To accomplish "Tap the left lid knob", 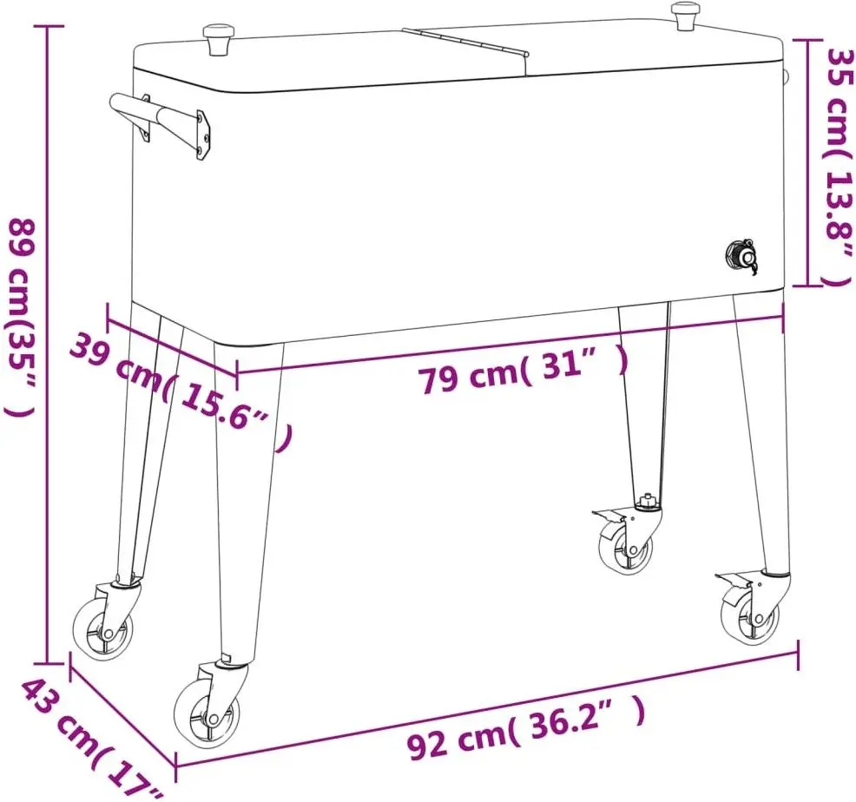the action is tap(218, 39).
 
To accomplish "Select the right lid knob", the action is tap(686, 16).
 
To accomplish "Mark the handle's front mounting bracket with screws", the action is tap(202, 135).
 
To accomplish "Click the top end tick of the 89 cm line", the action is tap(48, 26).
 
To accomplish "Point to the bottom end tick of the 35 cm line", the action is tap(807, 285).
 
